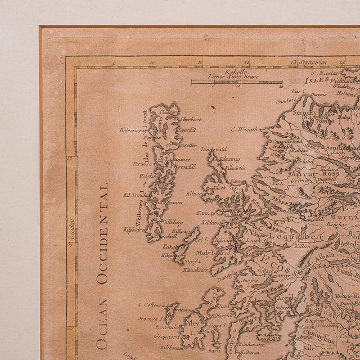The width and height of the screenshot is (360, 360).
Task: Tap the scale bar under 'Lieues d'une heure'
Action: pyautogui.click(x=236, y=83)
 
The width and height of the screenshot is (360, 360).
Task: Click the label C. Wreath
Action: pyautogui.click(x=244, y=128)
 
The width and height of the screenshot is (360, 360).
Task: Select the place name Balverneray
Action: pyautogui.click(x=134, y=129)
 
